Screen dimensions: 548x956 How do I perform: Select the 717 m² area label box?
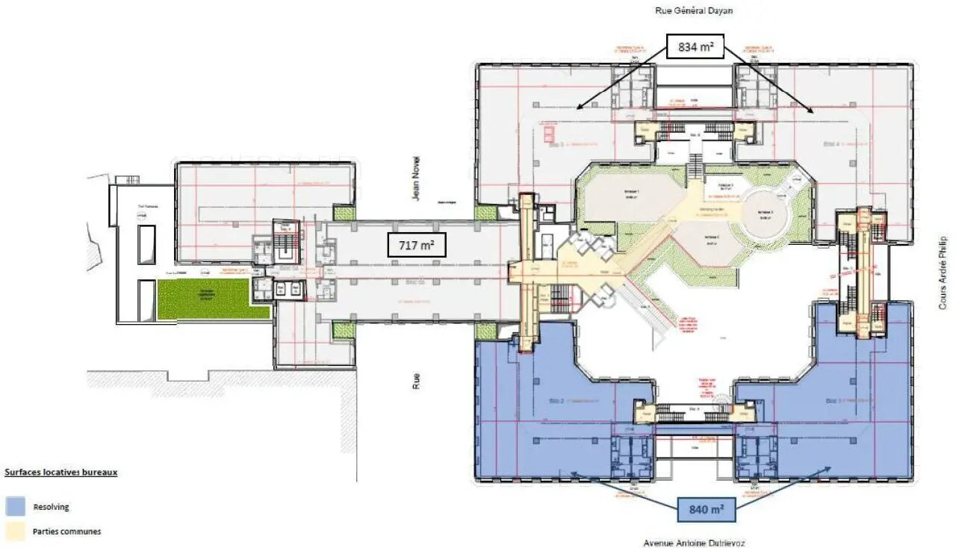point(416,244)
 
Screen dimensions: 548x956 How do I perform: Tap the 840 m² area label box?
point(707,509)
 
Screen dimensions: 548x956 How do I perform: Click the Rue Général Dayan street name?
point(694,10)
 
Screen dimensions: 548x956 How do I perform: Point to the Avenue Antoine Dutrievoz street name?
point(694,543)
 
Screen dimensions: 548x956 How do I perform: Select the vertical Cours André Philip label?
point(943,274)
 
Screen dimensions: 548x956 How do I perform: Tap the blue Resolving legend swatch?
point(16,506)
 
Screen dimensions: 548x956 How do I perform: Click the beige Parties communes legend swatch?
point(16,532)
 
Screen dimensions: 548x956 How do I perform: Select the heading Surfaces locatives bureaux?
point(61,473)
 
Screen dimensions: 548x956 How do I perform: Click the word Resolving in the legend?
point(51,507)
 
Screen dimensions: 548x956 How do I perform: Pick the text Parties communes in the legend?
point(66,532)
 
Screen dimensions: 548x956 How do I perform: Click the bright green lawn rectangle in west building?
point(214,300)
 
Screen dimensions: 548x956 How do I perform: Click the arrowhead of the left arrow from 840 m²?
point(571,473)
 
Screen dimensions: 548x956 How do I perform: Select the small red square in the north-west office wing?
point(547,134)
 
